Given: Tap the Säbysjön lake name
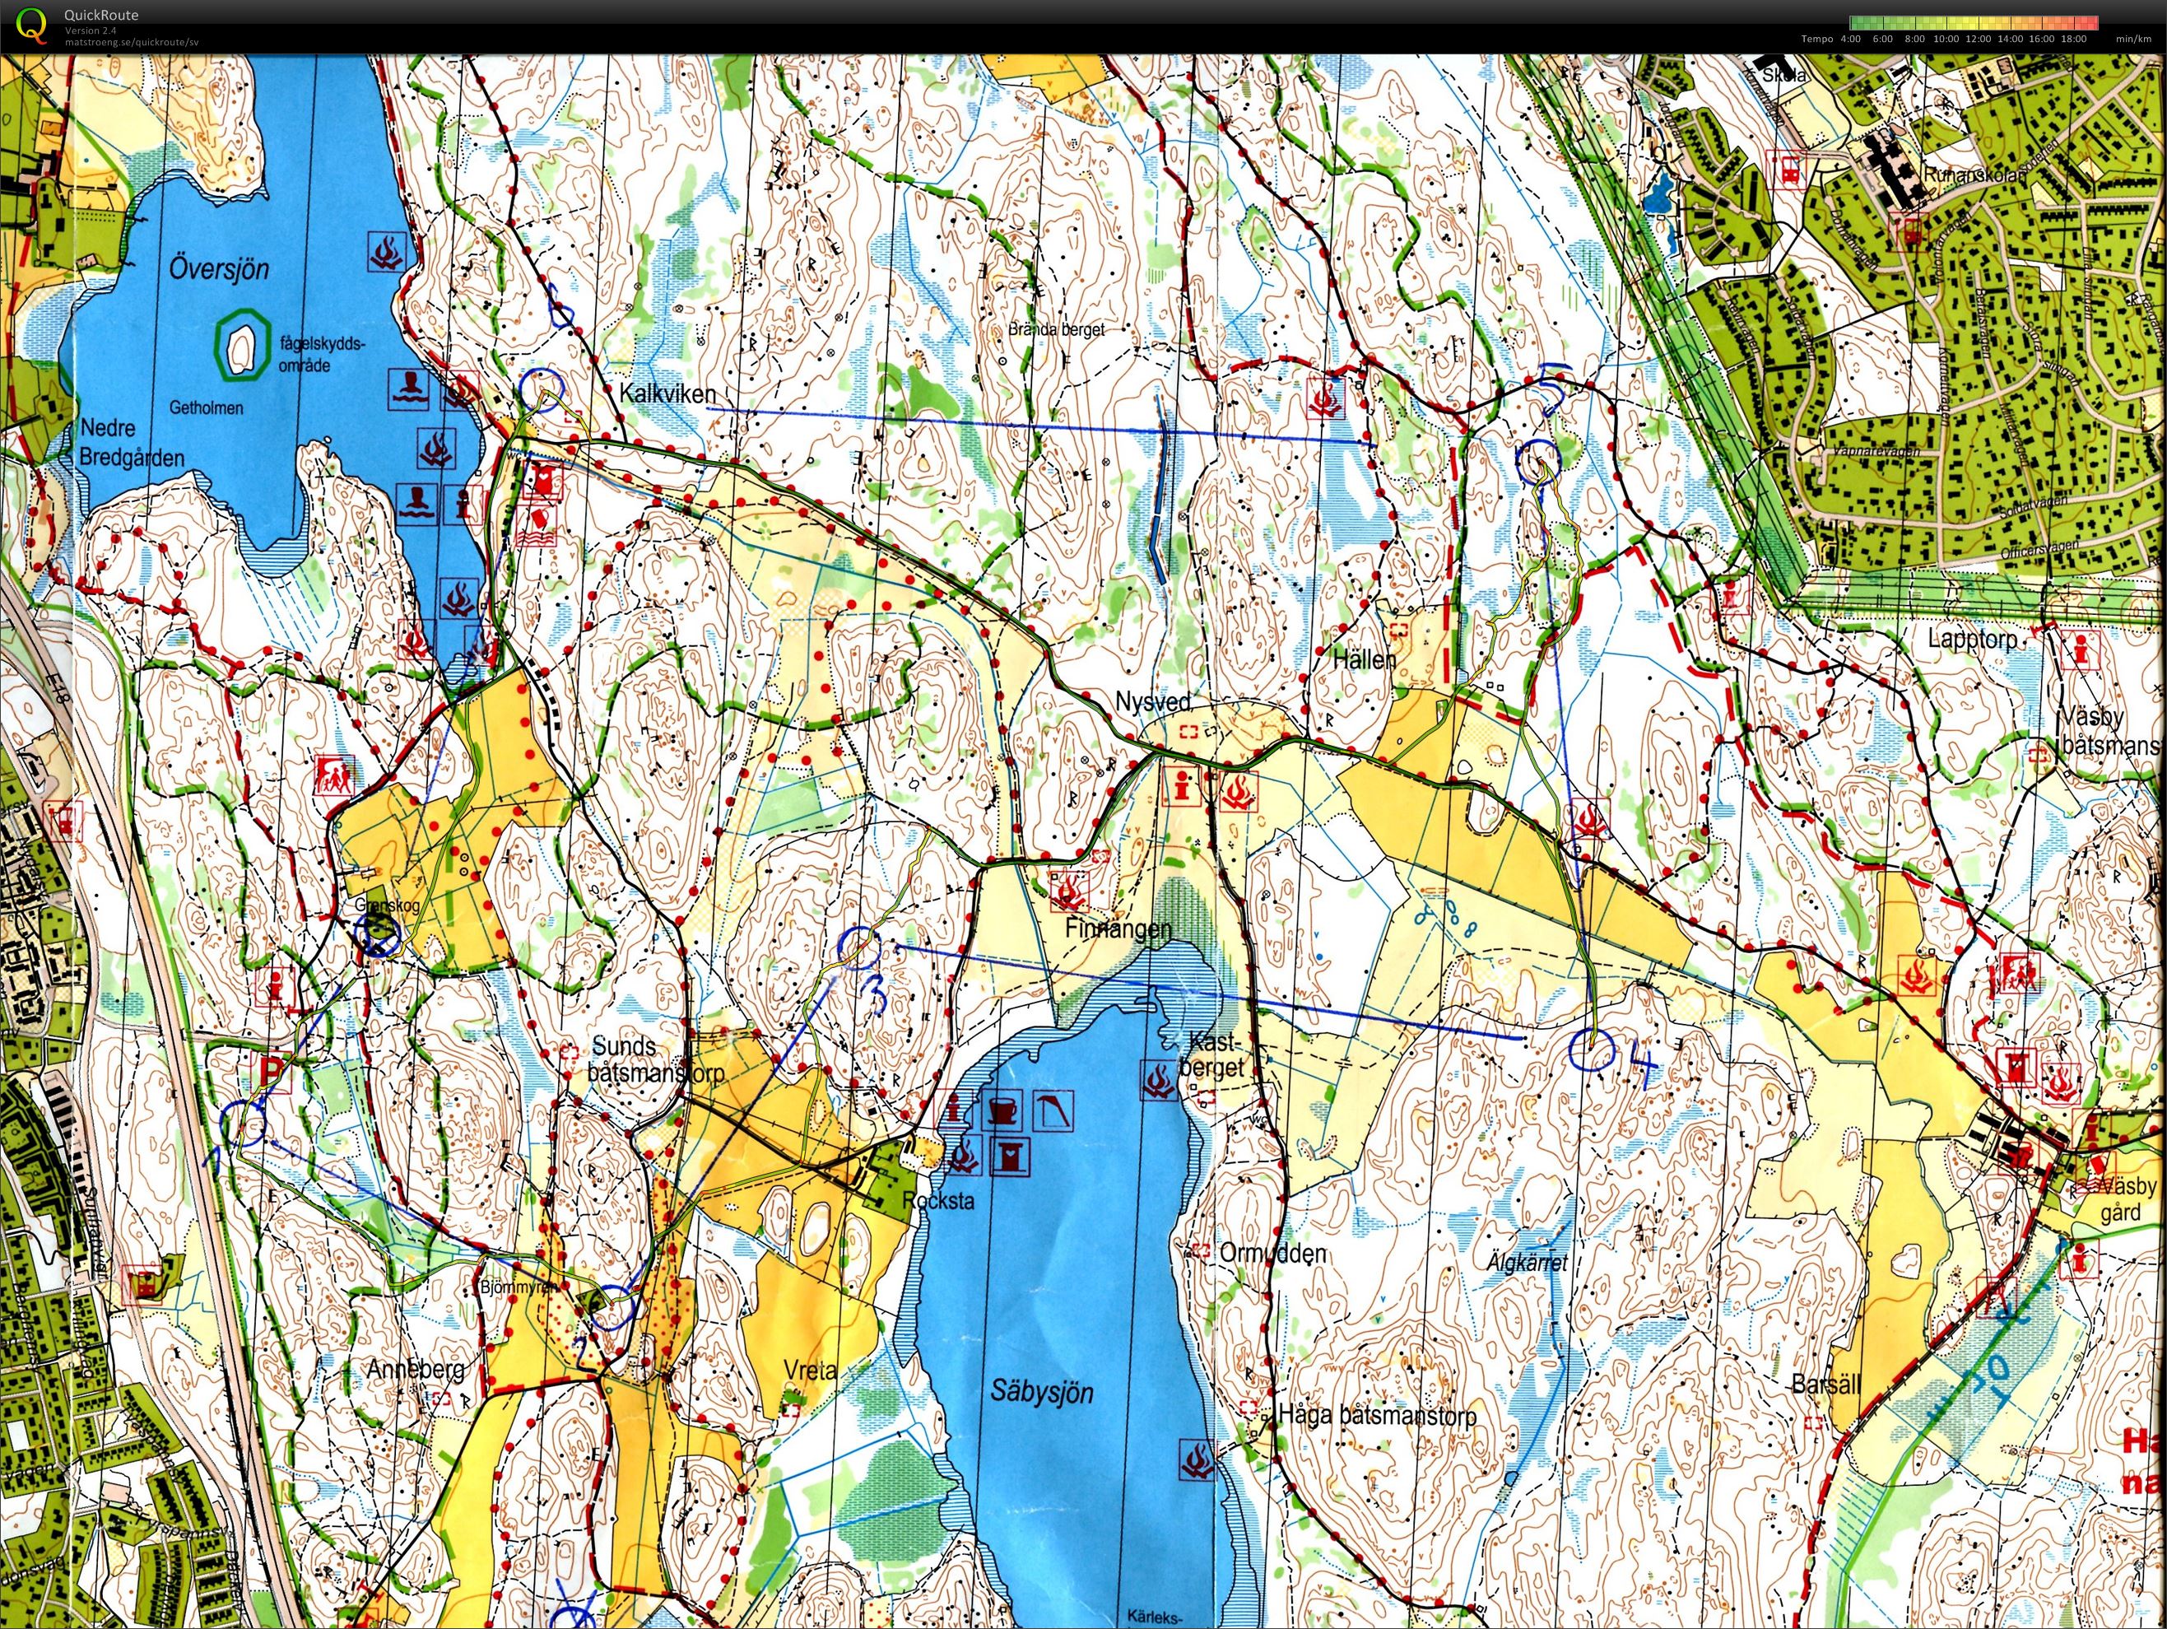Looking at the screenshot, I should (1041, 1391).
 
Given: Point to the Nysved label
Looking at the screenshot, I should (1153, 701).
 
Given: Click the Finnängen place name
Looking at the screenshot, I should (1118, 928).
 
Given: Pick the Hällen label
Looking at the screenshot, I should (1364, 659).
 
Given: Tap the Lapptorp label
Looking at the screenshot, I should (1973, 639).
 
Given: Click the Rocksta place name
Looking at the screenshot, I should (937, 1200).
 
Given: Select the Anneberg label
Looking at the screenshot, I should (416, 1368).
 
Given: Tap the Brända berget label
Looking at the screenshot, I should (1056, 330).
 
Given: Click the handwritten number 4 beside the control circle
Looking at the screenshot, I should (1643, 1066).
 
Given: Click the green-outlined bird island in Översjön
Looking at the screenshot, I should (241, 345).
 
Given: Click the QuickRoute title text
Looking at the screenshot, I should (101, 15).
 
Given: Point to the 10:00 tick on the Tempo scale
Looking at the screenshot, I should (1946, 40).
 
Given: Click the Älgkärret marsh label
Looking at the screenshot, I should (1528, 1264).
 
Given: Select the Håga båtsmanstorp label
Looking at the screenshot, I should (1378, 1414).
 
